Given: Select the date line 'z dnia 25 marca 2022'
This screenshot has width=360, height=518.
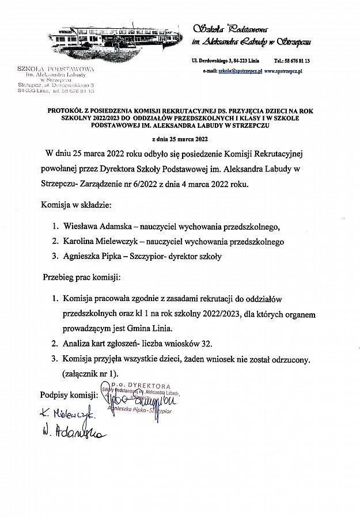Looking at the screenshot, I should point(179,139).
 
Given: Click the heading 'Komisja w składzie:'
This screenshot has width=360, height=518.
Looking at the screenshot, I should point(75,204).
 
